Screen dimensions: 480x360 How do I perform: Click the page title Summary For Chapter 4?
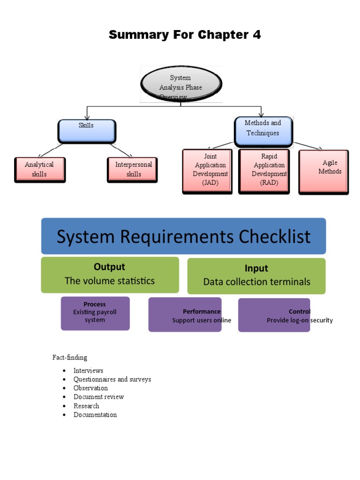coord(185,35)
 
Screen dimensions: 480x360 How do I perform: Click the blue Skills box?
coord(86,130)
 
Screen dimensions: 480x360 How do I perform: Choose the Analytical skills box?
coord(39,169)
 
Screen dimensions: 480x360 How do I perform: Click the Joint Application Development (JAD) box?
coord(207,171)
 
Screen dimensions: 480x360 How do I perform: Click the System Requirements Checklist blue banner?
coord(183,236)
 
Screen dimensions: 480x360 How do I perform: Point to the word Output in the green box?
coord(109,267)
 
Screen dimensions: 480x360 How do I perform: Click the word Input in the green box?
coord(256,268)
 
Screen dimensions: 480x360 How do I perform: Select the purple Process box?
coord(95,313)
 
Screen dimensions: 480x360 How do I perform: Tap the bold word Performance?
coord(202,311)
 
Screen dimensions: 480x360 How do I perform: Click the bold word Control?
coord(300,311)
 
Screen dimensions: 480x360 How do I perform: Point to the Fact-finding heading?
coord(70,358)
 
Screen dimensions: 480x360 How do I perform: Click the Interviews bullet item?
coord(88,370)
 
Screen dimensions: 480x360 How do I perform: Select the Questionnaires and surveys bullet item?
coord(112,379)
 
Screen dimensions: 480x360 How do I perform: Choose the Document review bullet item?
coord(98,397)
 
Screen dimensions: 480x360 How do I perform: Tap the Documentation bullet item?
coord(95,415)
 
